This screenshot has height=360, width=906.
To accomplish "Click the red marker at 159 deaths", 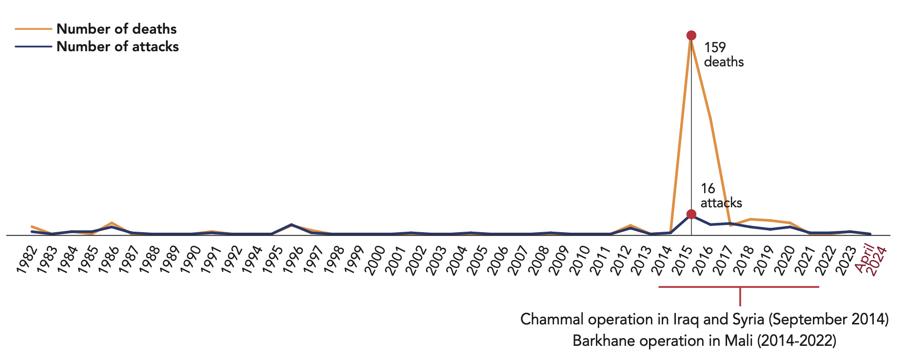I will pos(691,35).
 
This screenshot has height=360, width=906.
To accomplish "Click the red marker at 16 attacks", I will pos(691,214).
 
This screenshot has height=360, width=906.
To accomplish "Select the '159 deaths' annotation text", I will pos(723,55).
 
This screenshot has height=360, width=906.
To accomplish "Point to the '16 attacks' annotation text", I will pos(721,196).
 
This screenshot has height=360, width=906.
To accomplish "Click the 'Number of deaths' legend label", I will pos(117,29).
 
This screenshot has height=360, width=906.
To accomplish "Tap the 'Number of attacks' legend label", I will pos(118,47).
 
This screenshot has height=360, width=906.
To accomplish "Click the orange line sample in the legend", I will pos(33,29).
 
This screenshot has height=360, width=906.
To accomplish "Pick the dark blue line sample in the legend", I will pos(33,47).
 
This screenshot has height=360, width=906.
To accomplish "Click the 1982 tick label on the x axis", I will pos(27,261).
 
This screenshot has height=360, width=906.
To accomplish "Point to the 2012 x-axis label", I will pos(627,261).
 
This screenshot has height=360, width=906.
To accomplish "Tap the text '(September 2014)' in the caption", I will pos(828,320).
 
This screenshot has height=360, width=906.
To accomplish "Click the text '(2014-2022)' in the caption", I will pos(796,340).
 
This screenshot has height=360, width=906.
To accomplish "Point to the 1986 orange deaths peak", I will pos(112,223).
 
